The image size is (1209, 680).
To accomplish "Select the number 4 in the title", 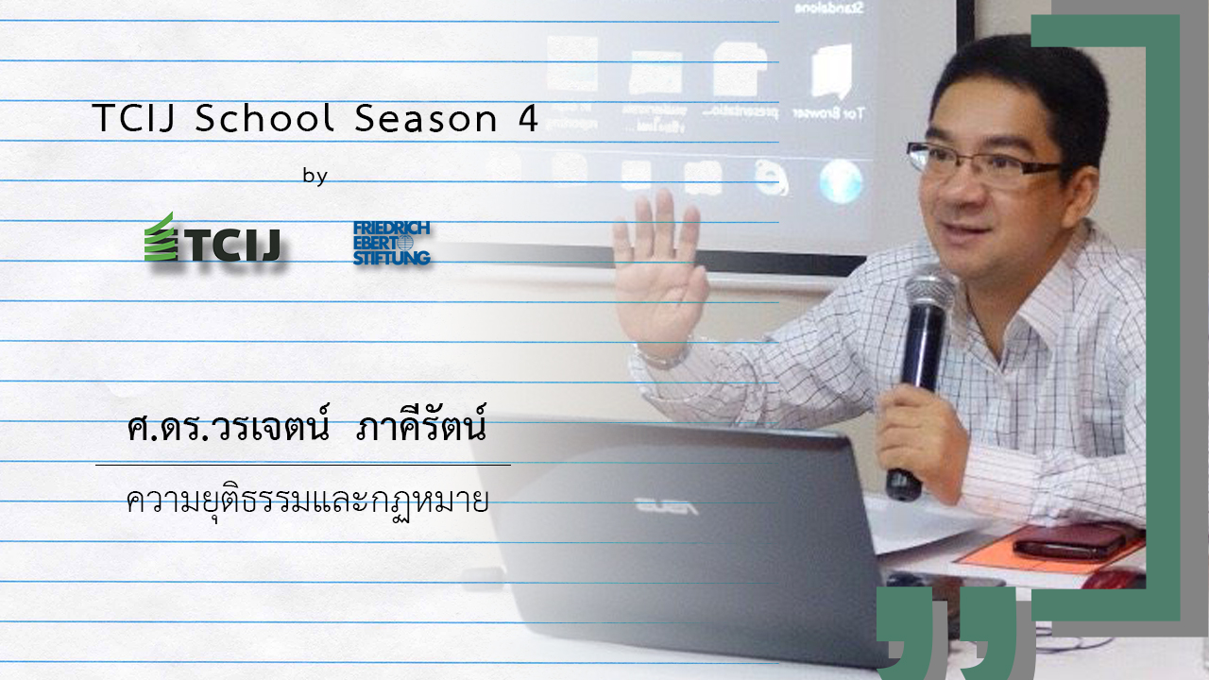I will click(x=529, y=119).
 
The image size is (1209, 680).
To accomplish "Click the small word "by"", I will click(x=315, y=176).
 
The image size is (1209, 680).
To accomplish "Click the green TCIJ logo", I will click(x=213, y=239).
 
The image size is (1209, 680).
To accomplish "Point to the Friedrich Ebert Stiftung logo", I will click(x=391, y=243).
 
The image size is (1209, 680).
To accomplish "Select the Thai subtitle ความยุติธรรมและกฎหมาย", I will click(x=307, y=501).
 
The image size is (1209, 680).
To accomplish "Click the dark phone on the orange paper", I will click(x=1068, y=541).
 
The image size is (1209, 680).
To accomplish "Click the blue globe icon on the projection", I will click(x=841, y=181).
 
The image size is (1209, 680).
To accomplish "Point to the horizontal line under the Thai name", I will click(x=302, y=465).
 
